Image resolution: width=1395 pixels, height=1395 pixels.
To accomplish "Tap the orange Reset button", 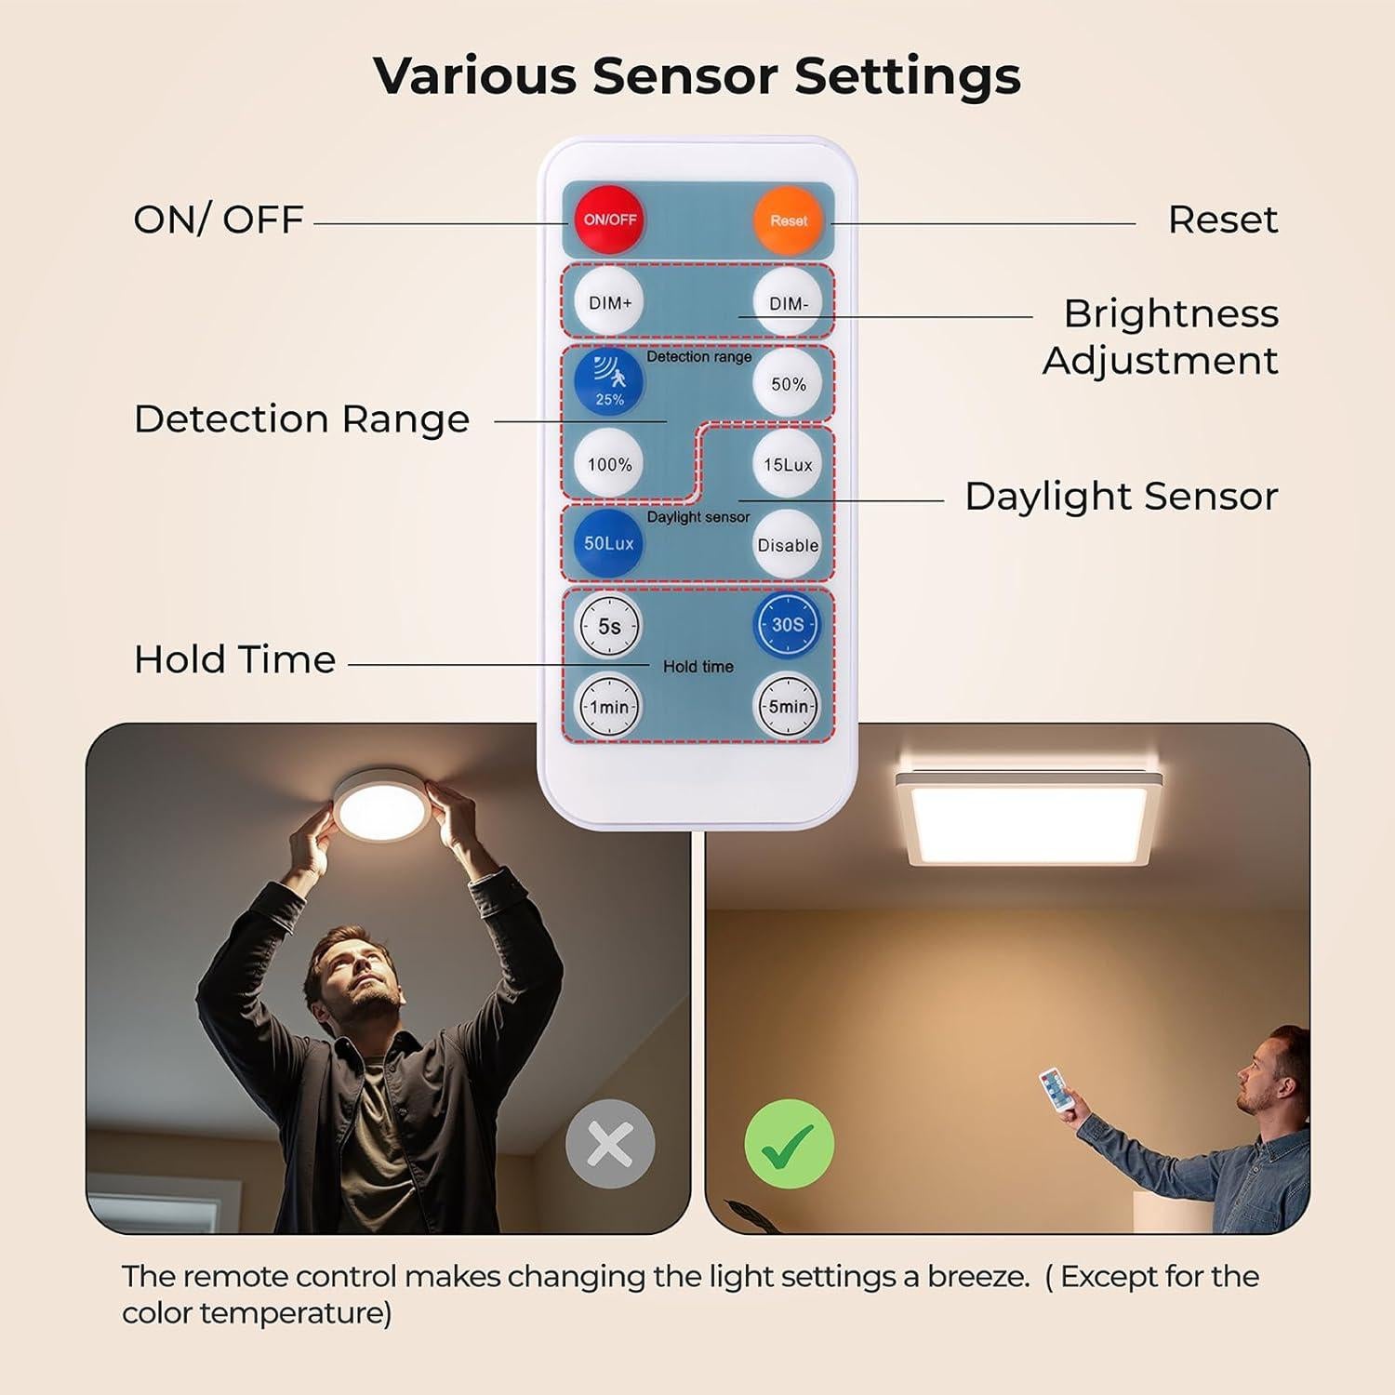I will point(788,220).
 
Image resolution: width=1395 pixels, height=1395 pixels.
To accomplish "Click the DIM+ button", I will point(609,302).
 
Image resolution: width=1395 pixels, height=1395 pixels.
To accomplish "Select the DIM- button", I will point(788,303).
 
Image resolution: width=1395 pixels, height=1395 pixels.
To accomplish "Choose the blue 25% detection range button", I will point(609,382).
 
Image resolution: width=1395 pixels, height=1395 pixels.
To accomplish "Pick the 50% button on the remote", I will point(788,383).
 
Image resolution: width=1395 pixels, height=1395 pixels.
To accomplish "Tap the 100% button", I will point(609,463).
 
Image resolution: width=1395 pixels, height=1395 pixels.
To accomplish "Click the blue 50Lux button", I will point(609,543).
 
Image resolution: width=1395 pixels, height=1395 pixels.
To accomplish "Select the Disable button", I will point(788,544).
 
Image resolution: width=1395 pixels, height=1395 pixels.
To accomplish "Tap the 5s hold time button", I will point(609,626).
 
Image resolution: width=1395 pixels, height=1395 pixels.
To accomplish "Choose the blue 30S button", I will point(787,624).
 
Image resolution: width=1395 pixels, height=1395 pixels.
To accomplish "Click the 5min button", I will point(788,706).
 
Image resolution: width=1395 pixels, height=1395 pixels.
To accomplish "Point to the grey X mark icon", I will point(610,1144).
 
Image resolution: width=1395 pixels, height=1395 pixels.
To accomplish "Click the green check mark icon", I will point(789,1144).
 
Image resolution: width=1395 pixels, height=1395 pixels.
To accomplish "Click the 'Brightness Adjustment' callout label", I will point(1161,337).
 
